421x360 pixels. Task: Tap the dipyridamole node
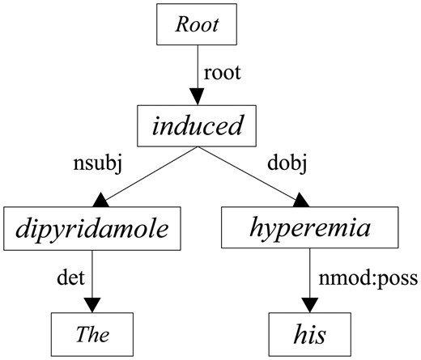pyautogui.click(x=94, y=229)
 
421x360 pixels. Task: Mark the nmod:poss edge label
pyautogui.click(x=365, y=279)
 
